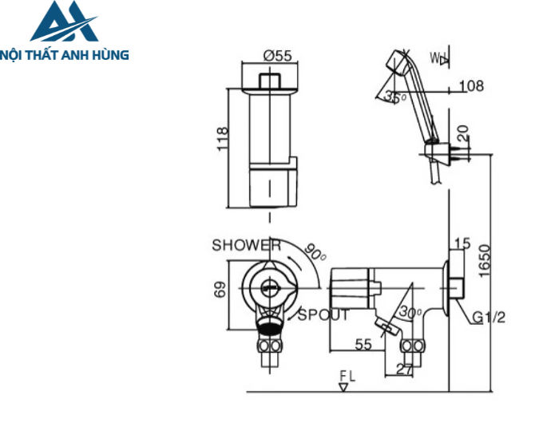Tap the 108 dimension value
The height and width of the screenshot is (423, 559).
[471, 85]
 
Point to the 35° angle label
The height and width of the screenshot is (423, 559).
[395, 97]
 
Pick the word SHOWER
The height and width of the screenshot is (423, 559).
[246, 246]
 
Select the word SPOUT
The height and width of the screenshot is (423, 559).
[323, 315]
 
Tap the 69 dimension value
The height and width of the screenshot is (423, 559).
[223, 290]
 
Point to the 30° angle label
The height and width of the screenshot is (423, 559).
[411, 312]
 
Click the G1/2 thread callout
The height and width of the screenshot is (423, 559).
[488, 318]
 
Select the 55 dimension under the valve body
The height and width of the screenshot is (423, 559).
[364, 344]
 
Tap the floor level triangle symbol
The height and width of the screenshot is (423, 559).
[343, 386]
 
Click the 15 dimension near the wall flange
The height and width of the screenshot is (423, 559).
[462, 243]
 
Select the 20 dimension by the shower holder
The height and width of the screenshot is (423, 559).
[464, 132]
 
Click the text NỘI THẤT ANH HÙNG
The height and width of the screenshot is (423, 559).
[65, 55]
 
